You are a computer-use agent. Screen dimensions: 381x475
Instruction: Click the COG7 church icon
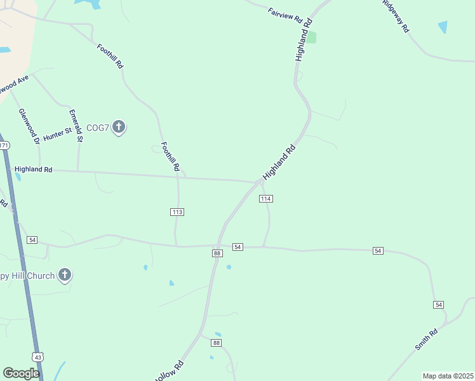(x=118, y=127)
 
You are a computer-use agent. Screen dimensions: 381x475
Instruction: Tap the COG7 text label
(x=98, y=127)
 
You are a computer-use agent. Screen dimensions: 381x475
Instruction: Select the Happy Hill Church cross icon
(x=64, y=275)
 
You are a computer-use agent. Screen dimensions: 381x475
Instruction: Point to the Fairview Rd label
(x=284, y=15)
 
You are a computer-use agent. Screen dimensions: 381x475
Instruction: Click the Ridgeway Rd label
(x=397, y=16)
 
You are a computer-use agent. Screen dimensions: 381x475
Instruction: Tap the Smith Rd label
(x=426, y=339)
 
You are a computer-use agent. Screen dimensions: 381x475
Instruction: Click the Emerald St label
(x=76, y=125)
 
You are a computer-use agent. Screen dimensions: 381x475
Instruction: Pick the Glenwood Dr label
(x=29, y=125)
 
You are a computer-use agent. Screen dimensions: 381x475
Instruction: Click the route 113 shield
(x=177, y=211)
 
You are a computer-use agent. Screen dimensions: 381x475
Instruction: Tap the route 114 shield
(x=265, y=199)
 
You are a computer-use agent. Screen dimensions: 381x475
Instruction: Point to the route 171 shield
(x=4, y=145)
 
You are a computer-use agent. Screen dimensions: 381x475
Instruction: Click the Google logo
(x=21, y=373)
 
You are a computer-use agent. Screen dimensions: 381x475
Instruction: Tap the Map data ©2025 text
(x=448, y=376)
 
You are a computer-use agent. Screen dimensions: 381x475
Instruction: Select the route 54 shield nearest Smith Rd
(x=438, y=305)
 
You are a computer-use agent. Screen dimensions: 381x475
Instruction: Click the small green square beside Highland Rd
(x=312, y=37)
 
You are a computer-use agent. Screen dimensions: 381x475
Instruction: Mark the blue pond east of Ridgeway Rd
(x=443, y=27)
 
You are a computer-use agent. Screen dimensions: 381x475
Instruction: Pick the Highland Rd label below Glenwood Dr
(x=33, y=170)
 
